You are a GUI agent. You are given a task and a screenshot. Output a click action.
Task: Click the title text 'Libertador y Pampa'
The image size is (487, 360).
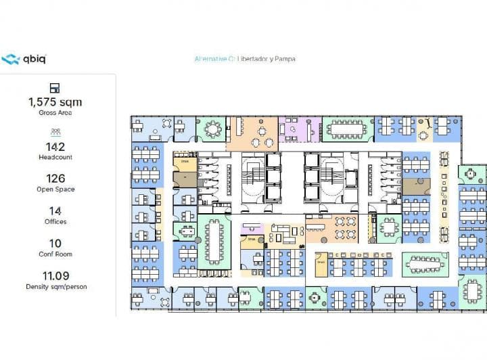point(266,59)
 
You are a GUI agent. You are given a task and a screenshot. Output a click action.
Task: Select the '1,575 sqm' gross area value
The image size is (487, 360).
point(55,102)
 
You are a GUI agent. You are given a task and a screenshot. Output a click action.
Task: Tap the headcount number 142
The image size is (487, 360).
point(55,146)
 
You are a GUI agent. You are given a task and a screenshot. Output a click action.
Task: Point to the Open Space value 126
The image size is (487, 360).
point(55,179)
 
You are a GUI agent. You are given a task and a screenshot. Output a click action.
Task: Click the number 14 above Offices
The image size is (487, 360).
point(55,211)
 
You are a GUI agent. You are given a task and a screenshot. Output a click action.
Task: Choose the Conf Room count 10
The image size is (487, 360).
point(55,244)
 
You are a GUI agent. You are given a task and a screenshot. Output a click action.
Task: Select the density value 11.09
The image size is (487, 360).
point(55,275)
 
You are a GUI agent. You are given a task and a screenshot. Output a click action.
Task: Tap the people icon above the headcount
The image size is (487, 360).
point(55,132)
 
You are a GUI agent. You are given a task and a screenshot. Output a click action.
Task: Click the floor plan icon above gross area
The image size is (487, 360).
point(55,88)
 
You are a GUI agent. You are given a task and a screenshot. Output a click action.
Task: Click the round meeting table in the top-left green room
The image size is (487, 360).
point(213,129)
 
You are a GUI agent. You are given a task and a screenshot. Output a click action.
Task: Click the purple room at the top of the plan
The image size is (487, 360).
point(298,129)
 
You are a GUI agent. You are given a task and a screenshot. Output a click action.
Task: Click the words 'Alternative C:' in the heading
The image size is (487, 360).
point(214,59)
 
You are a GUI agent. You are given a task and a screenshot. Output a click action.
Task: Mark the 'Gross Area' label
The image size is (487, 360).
point(55,113)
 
